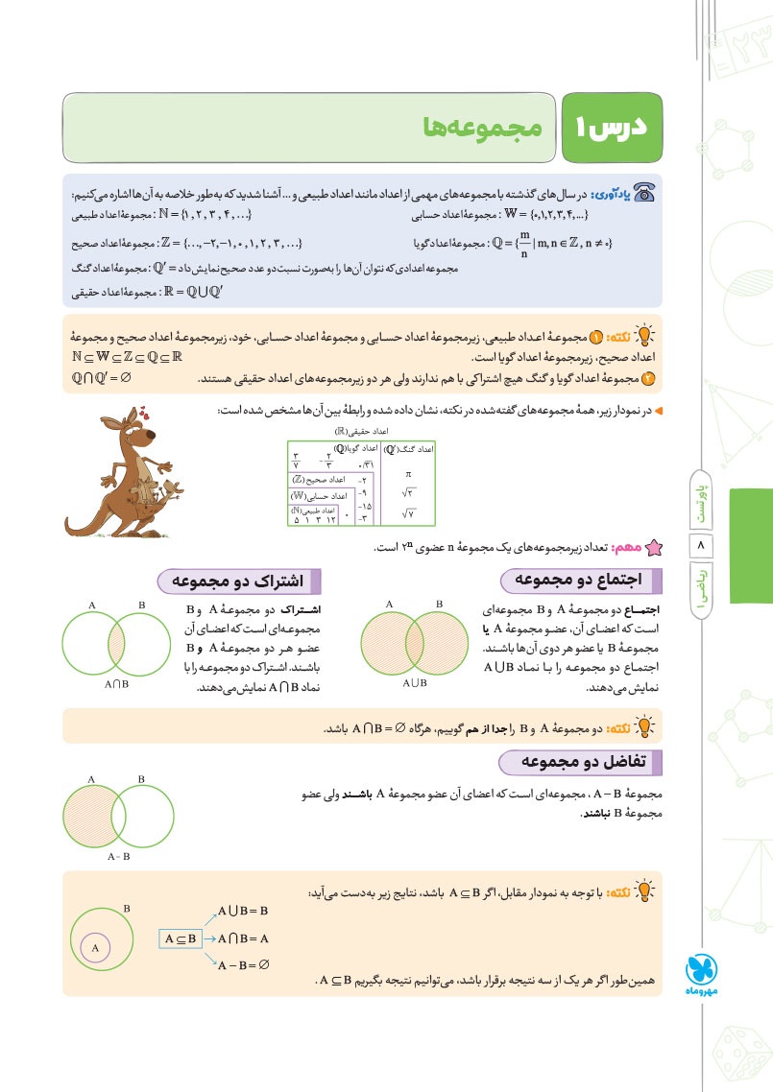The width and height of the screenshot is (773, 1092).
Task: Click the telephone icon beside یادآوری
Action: point(644,193)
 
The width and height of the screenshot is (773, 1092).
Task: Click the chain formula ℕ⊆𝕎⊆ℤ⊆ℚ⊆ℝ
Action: point(128,357)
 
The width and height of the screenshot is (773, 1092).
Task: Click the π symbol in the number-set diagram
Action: point(408,474)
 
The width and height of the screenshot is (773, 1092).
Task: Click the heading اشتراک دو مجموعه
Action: point(238,581)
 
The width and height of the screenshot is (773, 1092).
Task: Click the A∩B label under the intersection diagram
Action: point(117,685)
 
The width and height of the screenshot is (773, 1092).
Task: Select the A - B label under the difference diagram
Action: point(119,855)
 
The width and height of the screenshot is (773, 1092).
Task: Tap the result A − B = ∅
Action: point(244,966)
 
